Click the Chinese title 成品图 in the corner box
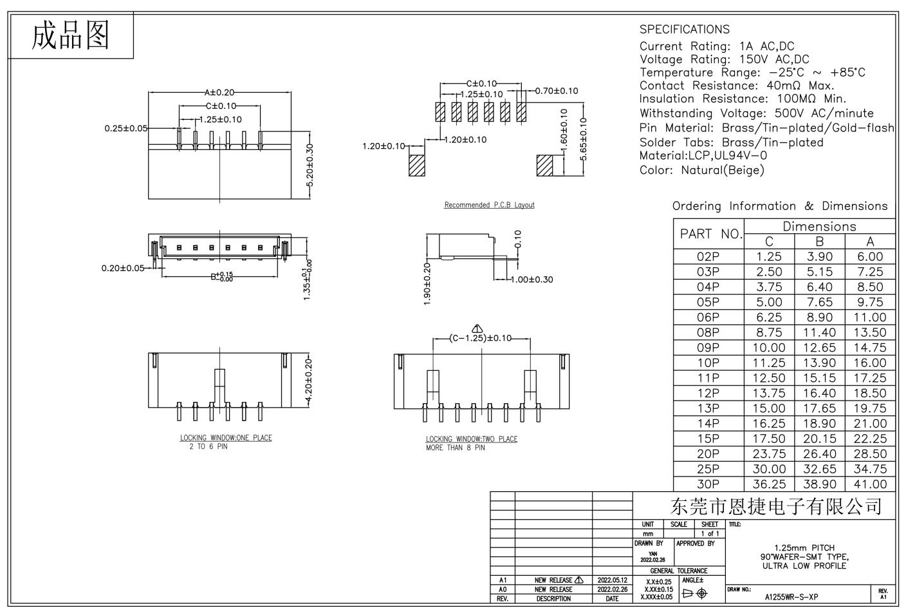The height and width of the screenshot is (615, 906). [x=71, y=35]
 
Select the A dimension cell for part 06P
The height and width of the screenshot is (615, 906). [x=870, y=317]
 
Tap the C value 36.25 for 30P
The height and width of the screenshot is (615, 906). [x=769, y=484]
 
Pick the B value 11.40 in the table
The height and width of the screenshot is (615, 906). [x=819, y=333]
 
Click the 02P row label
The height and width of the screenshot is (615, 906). [x=708, y=256]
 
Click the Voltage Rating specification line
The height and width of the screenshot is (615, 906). [x=724, y=59]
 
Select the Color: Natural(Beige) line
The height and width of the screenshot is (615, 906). [x=701, y=171]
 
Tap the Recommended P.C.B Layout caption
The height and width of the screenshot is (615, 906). [x=489, y=205]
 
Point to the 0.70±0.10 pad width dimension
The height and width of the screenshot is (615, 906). [x=556, y=91]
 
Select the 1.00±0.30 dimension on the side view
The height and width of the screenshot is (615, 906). [x=531, y=279]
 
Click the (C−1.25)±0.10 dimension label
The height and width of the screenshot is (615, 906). [x=481, y=338]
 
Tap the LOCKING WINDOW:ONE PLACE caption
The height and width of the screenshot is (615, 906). [x=226, y=438]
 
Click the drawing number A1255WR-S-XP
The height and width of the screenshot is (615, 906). [x=791, y=596]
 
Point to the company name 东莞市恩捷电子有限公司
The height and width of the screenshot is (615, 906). [x=775, y=506]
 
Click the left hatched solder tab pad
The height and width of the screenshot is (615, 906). [x=417, y=165]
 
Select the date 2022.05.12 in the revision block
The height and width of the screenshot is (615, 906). [x=612, y=580]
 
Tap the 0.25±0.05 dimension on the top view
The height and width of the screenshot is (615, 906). [x=125, y=128]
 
